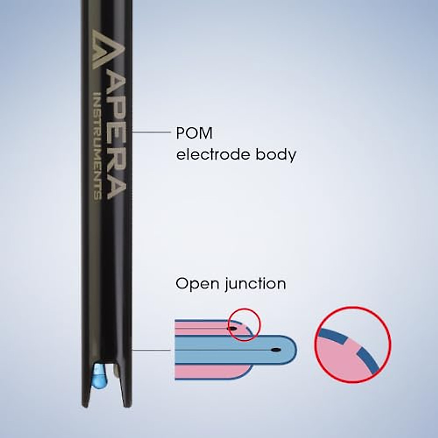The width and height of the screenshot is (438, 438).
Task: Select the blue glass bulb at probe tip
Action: click(99, 376)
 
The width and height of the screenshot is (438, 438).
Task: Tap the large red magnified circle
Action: click(353, 344)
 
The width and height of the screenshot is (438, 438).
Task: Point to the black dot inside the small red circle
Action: click(231, 328)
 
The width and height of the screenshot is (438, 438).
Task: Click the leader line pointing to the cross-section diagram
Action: click(150, 350)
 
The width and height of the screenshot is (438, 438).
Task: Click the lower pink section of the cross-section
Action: click(208, 372)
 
